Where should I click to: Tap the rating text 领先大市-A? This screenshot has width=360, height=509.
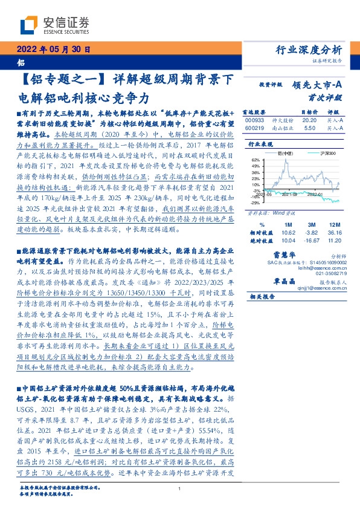click(318, 85)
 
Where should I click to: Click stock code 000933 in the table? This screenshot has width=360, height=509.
click(256, 120)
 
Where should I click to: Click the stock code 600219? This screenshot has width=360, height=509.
click(256, 128)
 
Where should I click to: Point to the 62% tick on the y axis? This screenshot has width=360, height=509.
click(256, 160)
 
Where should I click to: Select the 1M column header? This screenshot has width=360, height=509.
click(288, 224)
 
